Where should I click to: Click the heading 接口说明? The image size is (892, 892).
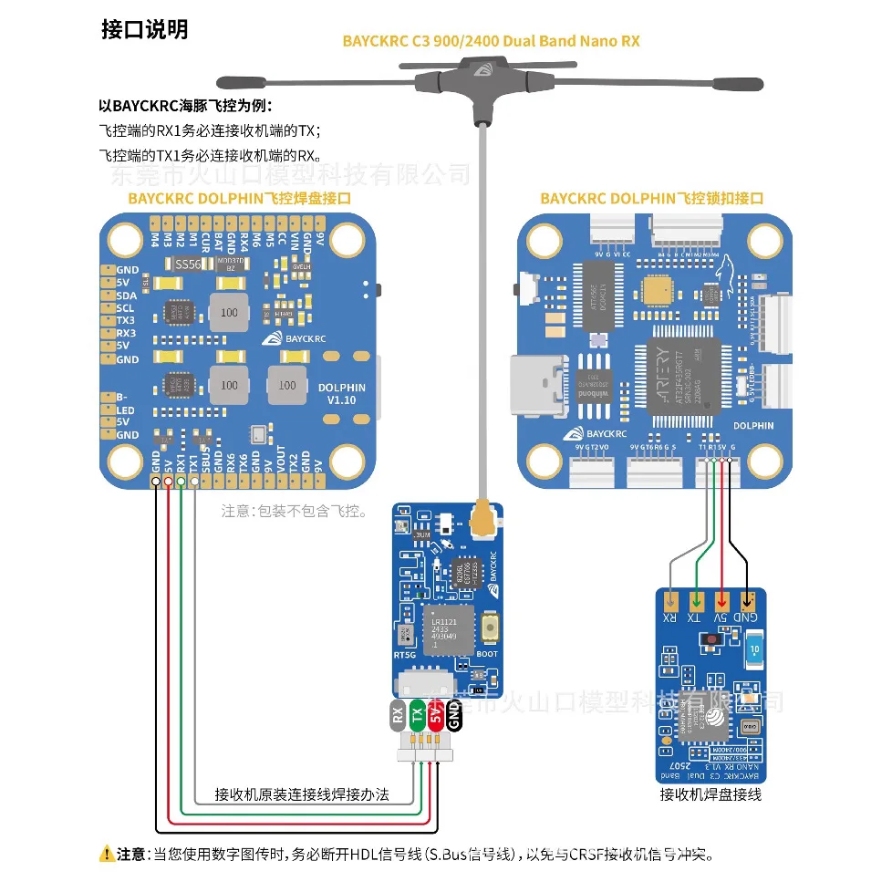point(144,29)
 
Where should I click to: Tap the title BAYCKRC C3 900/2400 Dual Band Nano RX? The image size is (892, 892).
point(491,41)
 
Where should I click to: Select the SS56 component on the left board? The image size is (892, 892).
point(187,264)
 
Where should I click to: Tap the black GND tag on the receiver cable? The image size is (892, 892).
point(454,717)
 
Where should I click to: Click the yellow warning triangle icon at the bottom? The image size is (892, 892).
point(107,855)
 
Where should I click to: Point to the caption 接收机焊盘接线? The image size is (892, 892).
point(710,794)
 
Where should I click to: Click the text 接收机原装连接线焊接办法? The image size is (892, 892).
point(302,794)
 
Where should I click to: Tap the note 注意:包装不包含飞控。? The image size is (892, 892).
point(294,512)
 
